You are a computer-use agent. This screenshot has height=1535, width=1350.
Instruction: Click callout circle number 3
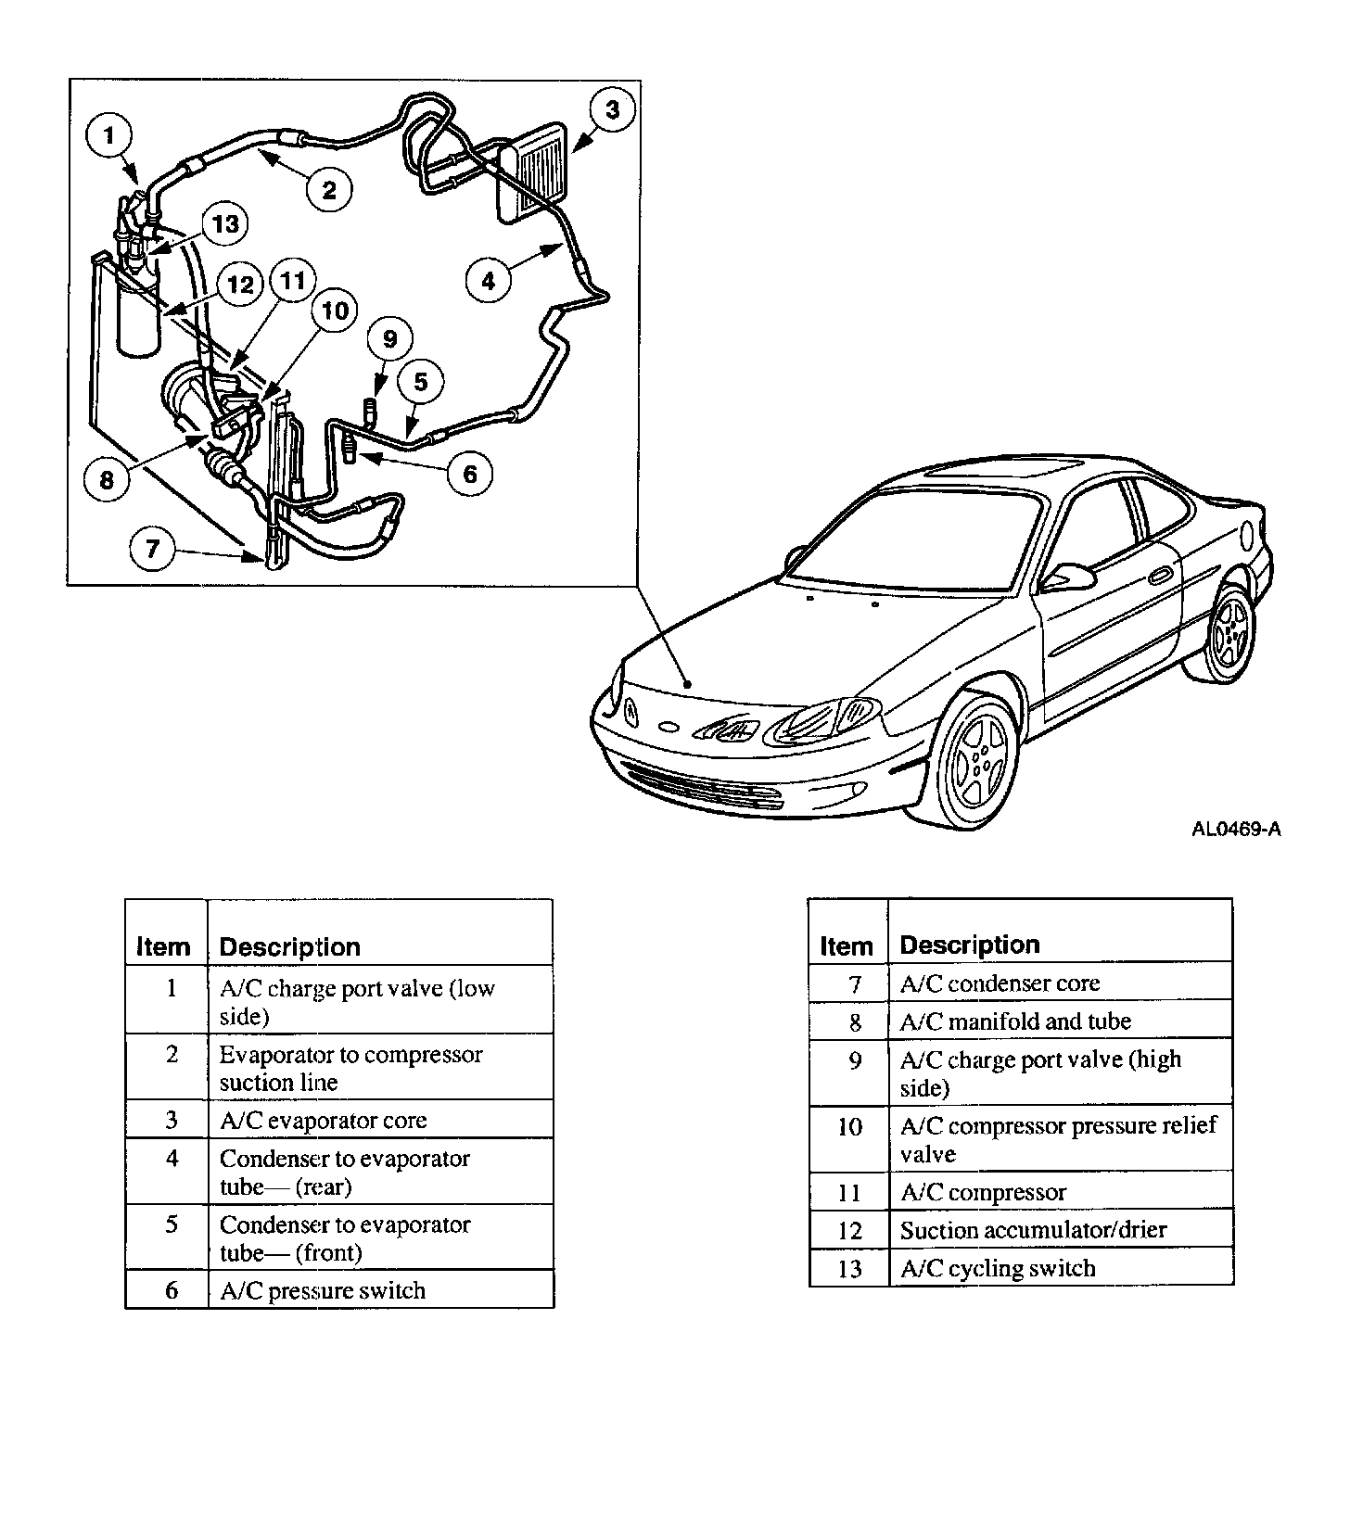[x=612, y=110]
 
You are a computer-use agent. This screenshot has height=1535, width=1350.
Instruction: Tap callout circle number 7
[x=152, y=550]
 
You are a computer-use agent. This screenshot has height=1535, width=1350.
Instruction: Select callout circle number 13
[x=225, y=223]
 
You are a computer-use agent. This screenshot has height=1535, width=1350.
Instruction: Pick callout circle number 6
[x=469, y=474]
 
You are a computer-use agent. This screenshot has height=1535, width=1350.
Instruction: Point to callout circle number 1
[x=109, y=136]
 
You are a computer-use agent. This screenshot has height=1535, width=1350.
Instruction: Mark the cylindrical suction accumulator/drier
[x=138, y=315]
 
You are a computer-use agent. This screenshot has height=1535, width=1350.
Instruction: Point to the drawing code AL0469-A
[x=1236, y=830]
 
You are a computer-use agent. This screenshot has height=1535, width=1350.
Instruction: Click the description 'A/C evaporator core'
[x=323, y=1121]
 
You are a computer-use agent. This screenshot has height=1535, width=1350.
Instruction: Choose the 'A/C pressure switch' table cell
[x=322, y=1291]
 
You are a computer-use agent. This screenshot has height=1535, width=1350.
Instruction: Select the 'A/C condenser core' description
[x=1000, y=983]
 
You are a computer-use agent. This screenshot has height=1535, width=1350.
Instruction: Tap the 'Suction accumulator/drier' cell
[x=1033, y=1231]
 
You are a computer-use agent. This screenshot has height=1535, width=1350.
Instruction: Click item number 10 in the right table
[x=849, y=1127]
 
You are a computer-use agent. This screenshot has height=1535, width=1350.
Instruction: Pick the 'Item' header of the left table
[x=163, y=947]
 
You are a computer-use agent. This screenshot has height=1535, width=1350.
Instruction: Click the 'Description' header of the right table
[x=970, y=945]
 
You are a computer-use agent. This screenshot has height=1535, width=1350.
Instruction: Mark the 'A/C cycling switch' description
[x=998, y=1269]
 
